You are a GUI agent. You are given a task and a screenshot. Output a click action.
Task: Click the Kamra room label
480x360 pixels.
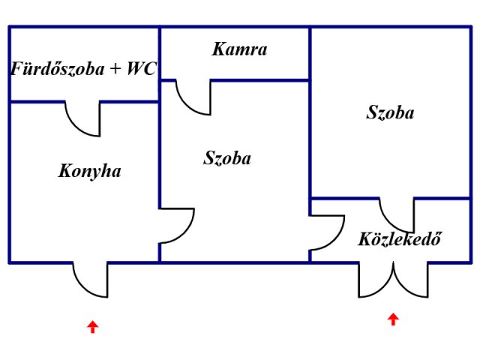239,49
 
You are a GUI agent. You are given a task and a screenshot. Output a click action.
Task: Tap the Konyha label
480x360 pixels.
89,172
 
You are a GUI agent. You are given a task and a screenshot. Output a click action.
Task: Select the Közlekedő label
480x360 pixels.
400,238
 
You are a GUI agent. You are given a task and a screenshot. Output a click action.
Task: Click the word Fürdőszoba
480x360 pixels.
58,68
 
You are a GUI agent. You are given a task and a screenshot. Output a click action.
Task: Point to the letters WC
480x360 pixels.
142,68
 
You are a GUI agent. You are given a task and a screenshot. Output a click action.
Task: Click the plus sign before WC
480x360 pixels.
115,69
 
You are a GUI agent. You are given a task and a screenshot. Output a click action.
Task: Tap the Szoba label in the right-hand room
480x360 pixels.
390,112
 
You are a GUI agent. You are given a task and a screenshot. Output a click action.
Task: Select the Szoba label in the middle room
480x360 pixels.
227,158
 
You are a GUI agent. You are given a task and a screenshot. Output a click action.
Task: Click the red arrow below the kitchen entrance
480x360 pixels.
92,327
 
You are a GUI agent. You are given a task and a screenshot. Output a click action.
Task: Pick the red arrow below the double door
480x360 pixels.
393,319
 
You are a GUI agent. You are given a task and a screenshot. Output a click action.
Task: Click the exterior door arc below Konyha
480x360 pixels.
85,289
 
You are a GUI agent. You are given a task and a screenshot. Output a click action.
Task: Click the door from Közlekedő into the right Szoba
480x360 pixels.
391,223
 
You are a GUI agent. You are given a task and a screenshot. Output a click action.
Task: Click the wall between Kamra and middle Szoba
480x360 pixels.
259,80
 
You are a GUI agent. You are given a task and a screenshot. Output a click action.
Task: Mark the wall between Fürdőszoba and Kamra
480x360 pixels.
160,53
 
